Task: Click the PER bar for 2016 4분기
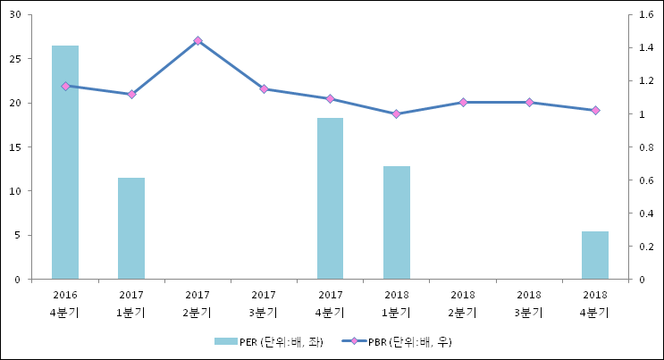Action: tap(65, 162)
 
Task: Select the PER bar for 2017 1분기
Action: tap(131, 228)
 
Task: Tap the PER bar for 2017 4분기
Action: tap(330, 198)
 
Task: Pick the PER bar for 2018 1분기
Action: tap(397, 222)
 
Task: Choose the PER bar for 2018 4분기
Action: tap(595, 255)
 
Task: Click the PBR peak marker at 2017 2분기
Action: tap(198, 41)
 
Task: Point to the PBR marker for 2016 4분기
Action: tap(65, 86)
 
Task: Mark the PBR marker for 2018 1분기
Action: tap(397, 113)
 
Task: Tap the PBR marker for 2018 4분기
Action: tap(595, 110)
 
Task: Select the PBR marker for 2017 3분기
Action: tap(264, 88)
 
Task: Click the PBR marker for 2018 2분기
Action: tap(463, 102)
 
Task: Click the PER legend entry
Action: tap(267, 341)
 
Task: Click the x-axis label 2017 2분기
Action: tap(198, 303)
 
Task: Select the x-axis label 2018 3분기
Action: tap(529, 303)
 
